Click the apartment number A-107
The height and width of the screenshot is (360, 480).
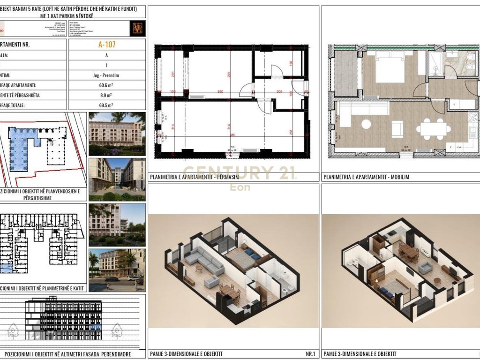click(106, 45)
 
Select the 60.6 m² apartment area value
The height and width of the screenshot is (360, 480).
click(106, 85)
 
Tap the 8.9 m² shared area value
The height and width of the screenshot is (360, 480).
click(106, 95)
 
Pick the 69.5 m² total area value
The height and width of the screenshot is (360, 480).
click(106, 105)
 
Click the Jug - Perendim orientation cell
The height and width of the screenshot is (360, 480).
click(106, 75)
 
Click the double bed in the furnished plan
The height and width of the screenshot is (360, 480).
click(390, 69)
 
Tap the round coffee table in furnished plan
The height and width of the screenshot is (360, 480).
click(366, 124)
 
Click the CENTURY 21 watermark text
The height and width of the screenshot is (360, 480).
click(239, 173)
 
